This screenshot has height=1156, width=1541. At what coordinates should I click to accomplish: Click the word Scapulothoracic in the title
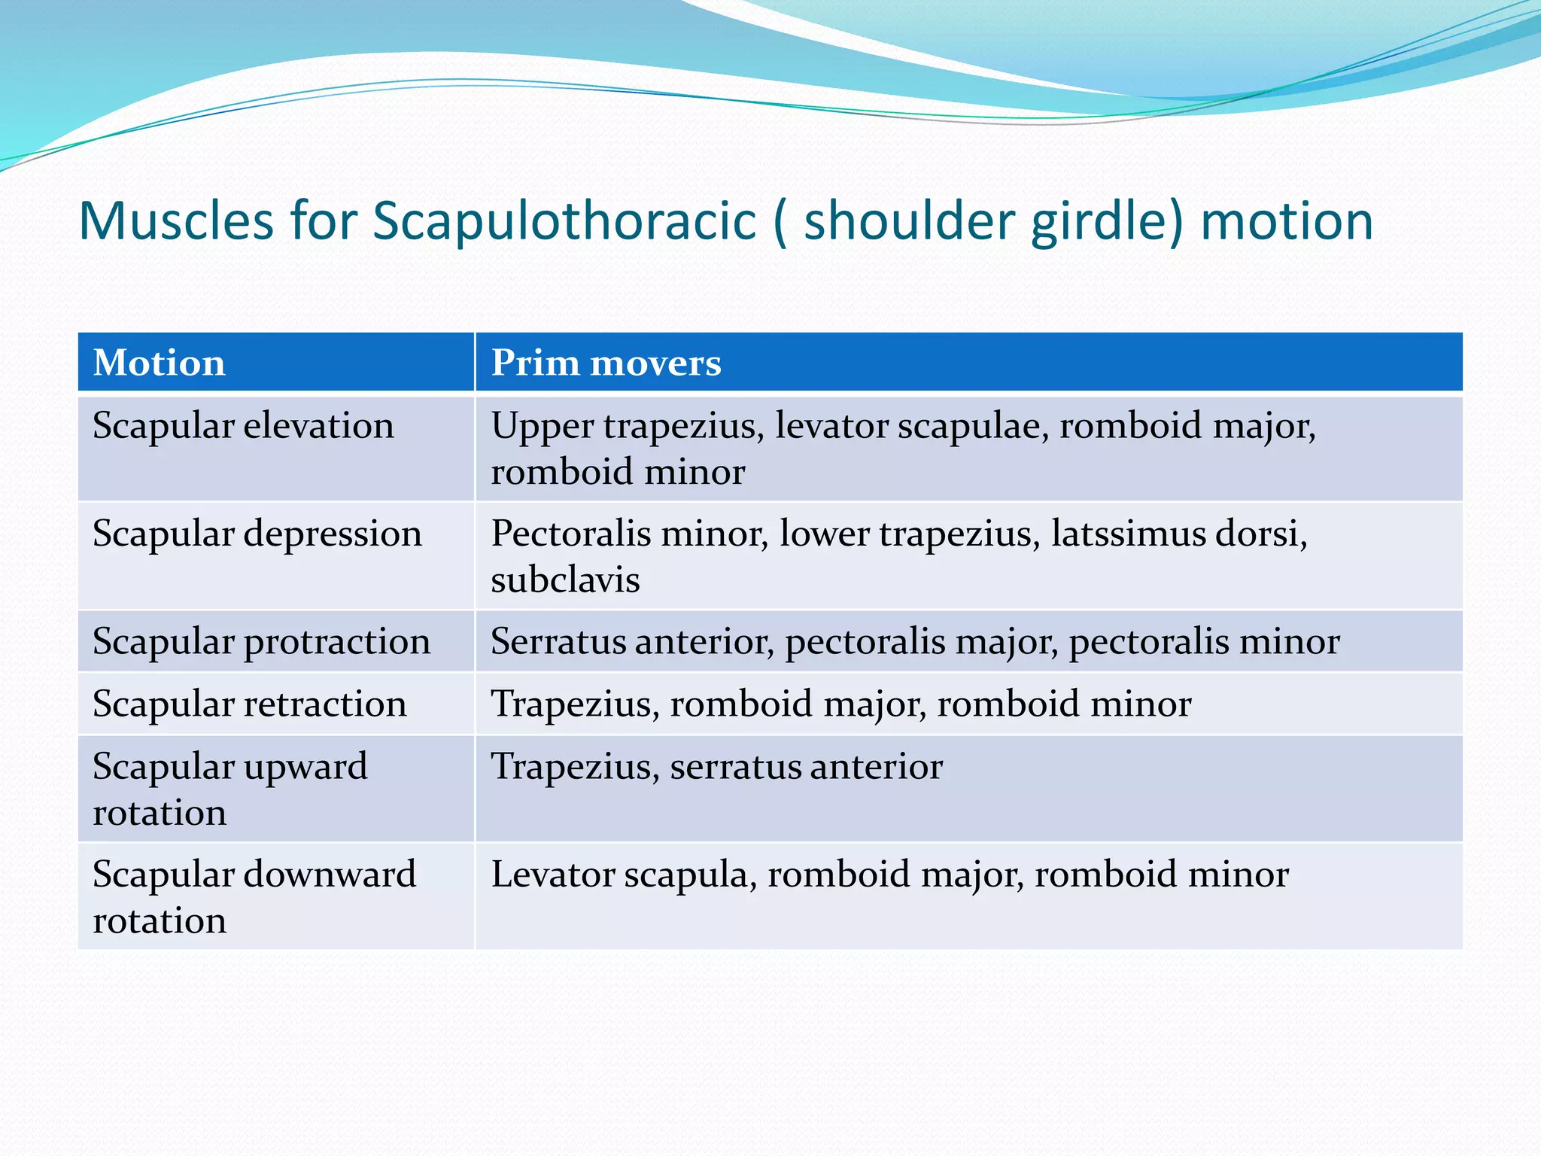click(x=564, y=221)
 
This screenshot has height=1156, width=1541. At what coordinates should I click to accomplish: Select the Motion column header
click(x=159, y=363)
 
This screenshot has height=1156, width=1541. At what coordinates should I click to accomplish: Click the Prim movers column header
click(x=606, y=363)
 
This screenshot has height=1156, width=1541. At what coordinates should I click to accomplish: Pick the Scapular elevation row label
click(x=243, y=426)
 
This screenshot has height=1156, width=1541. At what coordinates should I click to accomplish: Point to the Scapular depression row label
click(x=257, y=534)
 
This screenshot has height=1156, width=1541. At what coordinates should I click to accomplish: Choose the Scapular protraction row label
click(x=261, y=641)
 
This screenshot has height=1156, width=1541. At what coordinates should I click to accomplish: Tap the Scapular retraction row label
click(x=249, y=704)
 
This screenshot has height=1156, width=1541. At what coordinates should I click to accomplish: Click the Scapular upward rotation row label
click(x=229, y=789)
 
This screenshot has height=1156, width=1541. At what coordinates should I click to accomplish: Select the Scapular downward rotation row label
click(x=254, y=896)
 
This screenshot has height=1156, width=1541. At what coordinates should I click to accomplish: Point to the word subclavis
click(x=565, y=580)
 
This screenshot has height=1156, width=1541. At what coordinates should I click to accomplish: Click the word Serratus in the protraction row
click(x=558, y=641)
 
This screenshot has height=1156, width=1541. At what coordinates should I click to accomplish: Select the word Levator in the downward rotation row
click(x=552, y=875)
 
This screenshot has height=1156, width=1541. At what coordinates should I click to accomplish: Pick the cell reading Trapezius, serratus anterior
click(x=716, y=767)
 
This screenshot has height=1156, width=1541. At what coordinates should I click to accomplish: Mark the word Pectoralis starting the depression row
click(x=570, y=534)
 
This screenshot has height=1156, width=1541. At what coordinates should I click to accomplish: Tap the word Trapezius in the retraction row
click(x=575, y=704)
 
